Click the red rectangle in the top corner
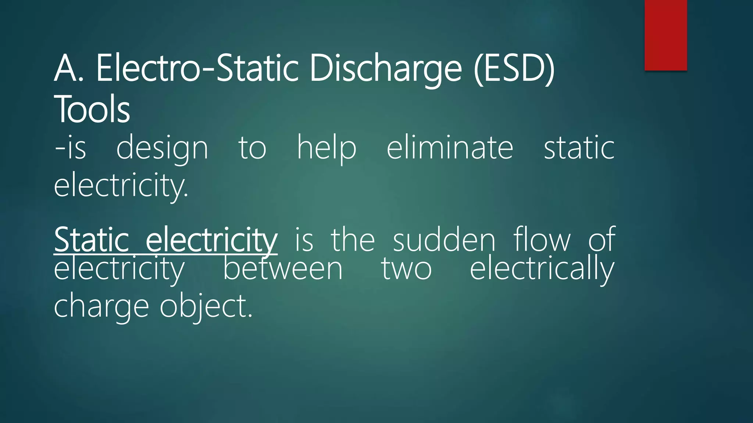[x=665, y=35]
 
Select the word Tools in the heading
[x=92, y=109]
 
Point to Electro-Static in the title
[x=197, y=69]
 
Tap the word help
[x=326, y=148]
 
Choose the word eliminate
[x=450, y=147]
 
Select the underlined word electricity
[x=211, y=241]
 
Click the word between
[x=283, y=269]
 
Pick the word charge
[x=101, y=307]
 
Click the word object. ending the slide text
[x=206, y=307]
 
